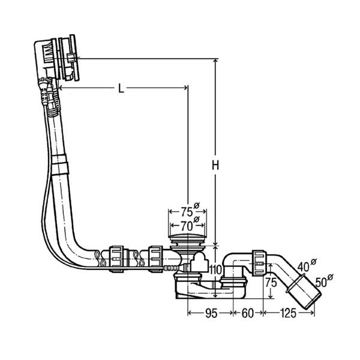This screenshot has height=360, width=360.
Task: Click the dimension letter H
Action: (x=215, y=165)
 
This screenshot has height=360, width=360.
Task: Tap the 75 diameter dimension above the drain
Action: (x=187, y=212)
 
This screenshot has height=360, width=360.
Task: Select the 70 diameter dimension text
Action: (x=187, y=227)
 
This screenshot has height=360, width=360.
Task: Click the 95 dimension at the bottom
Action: (x=211, y=313)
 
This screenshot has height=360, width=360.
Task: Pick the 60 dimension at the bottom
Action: (x=247, y=313)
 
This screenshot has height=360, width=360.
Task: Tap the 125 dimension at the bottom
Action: (x=288, y=313)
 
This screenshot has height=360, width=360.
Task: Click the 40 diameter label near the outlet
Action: (x=304, y=267)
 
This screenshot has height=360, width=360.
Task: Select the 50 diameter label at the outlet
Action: (x=322, y=283)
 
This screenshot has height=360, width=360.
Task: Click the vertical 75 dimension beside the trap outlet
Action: (x=271, y=283)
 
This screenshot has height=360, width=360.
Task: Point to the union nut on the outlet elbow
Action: (x=260, y=263)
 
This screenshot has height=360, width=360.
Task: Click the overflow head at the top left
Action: (x=58, y=59)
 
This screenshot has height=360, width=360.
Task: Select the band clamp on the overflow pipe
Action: (x=59, y=164)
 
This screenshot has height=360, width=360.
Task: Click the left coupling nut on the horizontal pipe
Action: (x=116, y=259)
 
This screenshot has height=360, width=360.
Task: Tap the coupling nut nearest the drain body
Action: (x=156, y=259)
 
